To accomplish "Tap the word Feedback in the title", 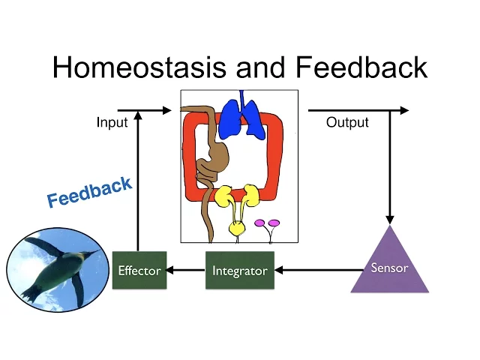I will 361,68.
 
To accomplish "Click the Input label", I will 112,122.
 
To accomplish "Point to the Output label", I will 347,122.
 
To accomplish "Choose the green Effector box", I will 139,271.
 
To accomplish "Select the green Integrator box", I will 240,271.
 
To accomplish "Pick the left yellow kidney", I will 224,197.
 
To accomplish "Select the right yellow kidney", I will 251,195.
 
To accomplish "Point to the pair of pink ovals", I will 267,223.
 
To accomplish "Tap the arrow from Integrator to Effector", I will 186,270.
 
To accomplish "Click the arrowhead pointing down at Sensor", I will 390,217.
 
